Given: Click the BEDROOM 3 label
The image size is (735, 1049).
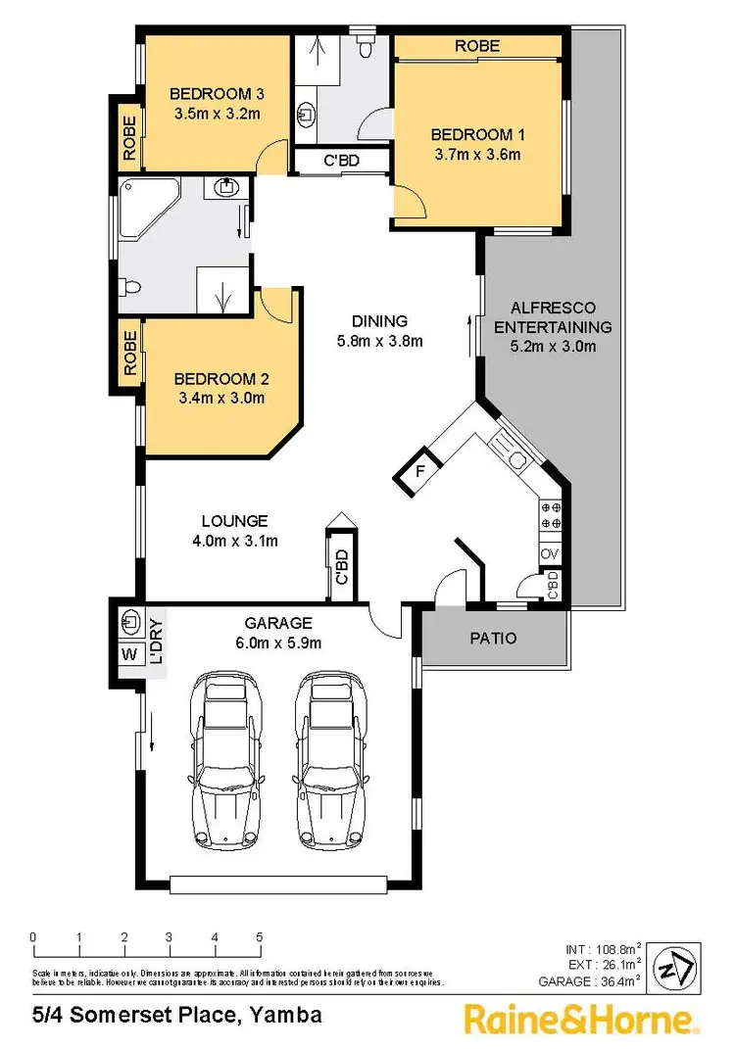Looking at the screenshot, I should coord(217,94).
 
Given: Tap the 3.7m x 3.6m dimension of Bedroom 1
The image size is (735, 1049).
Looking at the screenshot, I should coord(476,154).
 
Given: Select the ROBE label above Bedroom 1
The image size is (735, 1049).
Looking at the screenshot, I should coord(477,46).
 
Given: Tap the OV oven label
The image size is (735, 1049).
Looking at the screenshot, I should coord(551,554).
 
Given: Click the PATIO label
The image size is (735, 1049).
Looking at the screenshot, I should coord(493,638).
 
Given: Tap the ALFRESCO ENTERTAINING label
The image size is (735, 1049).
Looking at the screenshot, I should coord(553,317).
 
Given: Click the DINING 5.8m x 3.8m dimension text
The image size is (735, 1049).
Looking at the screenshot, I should coord(379,341).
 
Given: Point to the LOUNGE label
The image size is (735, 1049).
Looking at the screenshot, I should coord(234,521).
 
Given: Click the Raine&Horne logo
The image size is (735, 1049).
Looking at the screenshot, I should coord(581,1020).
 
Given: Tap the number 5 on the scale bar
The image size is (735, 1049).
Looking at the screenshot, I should coord(260,937).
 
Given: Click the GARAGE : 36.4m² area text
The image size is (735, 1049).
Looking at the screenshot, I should coord(590,980).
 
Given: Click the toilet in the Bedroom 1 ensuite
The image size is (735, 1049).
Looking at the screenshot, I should coord(366,46).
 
